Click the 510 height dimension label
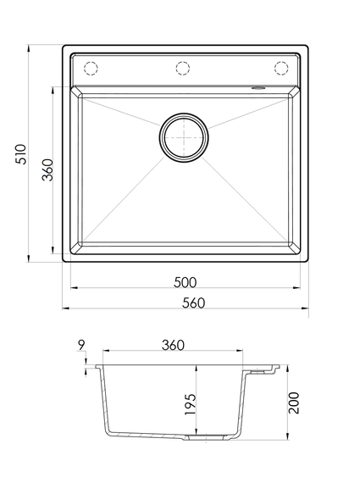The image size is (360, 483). (21, 153)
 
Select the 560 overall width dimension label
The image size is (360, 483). (193, 303)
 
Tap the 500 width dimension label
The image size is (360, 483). (185, 282)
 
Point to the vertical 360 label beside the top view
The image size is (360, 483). (47, 169)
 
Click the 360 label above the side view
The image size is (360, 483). (173, 346)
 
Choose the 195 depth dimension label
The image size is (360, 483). (190, 404)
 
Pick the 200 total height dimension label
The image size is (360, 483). (293, 402)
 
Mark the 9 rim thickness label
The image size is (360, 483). (81, 346)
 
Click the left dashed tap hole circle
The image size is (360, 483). (91, 69)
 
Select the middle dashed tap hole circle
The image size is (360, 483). (183, 69)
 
